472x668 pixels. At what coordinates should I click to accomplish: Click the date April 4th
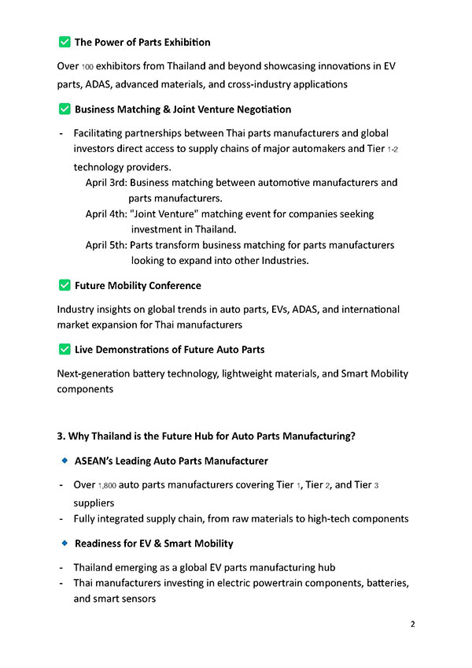105,213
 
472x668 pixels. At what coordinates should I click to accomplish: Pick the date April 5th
105,245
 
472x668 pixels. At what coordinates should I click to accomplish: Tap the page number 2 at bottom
412,625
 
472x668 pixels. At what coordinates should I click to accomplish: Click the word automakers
324,149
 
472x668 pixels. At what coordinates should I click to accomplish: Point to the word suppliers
94,502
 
